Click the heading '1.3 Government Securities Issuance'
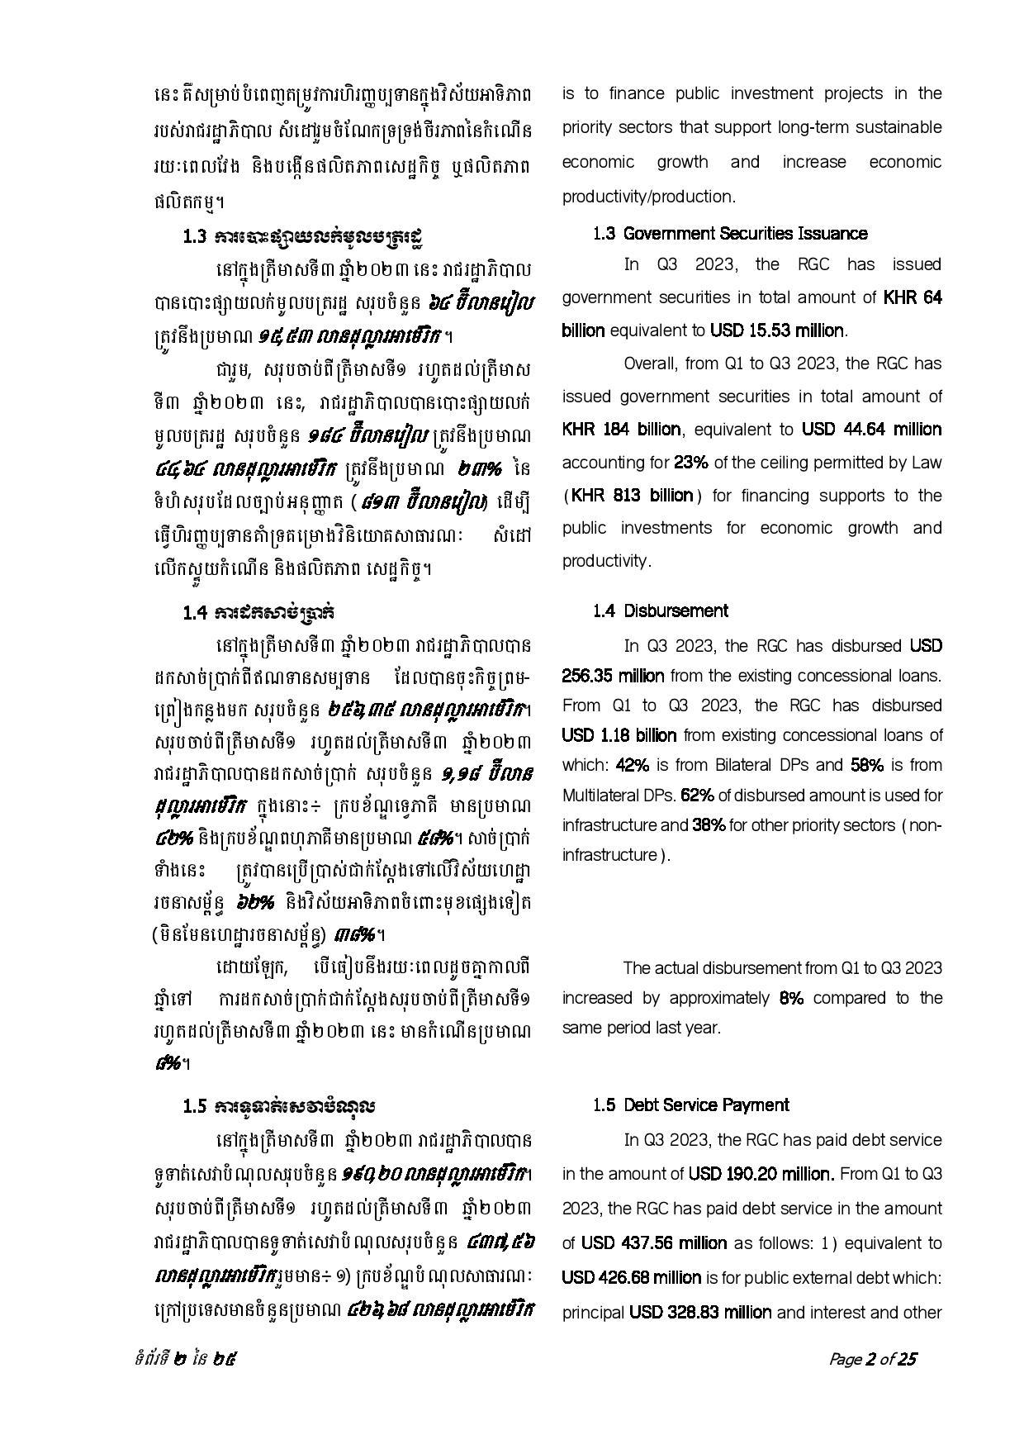click(x=730, y=234)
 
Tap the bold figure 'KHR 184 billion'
click(x=622, y=430)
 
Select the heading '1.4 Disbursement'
click(x=660, y=611)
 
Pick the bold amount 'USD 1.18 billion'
click(x=619, y=735)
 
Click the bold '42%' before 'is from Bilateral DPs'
click(x=632, y=765)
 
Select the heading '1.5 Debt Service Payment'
click(x=691, y=1105)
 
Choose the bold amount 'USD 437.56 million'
click(x=654, y=1243)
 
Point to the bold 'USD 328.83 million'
click(x=700, y=1313)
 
